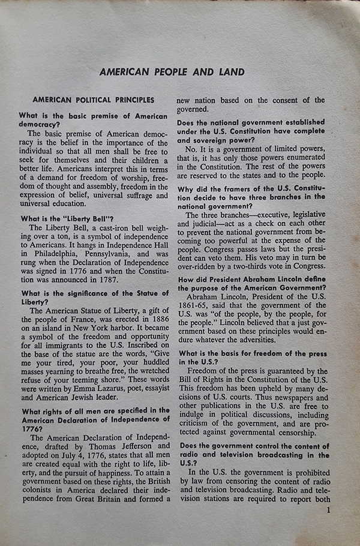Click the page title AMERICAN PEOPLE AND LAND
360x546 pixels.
172,73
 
